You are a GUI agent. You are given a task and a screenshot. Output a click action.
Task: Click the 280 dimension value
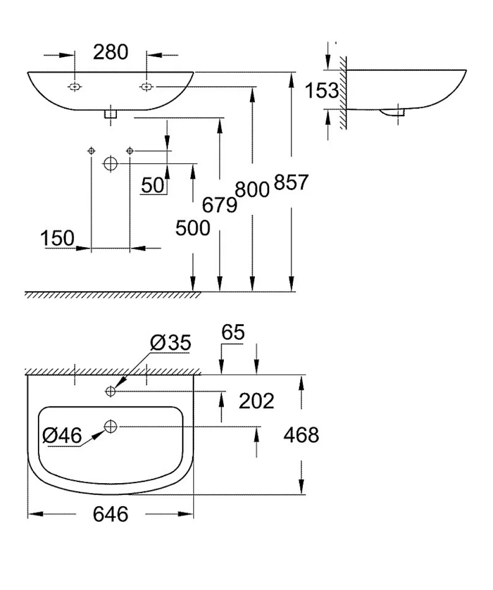(x=111, y=52)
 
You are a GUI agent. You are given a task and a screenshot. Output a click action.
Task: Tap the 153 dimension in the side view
(x=321, y=91)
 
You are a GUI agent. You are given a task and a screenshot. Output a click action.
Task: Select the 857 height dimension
(x=291, y=182)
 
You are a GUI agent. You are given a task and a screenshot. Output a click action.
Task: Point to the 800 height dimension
(x=252, y=189)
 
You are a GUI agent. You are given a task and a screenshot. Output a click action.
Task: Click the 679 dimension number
(x=219, y=205)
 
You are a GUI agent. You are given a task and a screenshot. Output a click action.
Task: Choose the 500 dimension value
(x=193, y=228)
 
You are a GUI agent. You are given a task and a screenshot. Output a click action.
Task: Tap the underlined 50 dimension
(x=153, y=185)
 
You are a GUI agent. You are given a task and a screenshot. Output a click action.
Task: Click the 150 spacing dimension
(x=57, y=238)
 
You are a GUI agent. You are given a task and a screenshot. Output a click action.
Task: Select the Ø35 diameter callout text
(x=171, y=342)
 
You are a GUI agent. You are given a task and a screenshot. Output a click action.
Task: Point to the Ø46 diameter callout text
(x=62, y=436)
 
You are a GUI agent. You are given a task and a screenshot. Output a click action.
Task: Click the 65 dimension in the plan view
(x=233, y=332)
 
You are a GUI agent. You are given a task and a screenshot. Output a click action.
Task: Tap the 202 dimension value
(x=256, y=401)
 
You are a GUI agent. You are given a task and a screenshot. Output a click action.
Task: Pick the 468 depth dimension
(x=301, y=435)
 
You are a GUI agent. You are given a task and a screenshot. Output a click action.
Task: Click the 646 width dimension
(x=111, y=514)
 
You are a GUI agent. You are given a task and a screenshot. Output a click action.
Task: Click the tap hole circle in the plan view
(x=110, y=392)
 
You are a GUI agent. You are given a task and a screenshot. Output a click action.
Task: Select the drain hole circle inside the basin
(x=110, y=426)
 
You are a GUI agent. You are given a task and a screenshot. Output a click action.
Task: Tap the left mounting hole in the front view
(x=75, y=87)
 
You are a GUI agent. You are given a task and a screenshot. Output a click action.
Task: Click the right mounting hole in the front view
(x=146, y=87)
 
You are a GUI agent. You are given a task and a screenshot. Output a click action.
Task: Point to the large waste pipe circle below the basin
(x=110, y=164)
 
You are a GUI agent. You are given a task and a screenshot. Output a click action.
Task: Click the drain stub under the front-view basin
(x=110, y=114)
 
